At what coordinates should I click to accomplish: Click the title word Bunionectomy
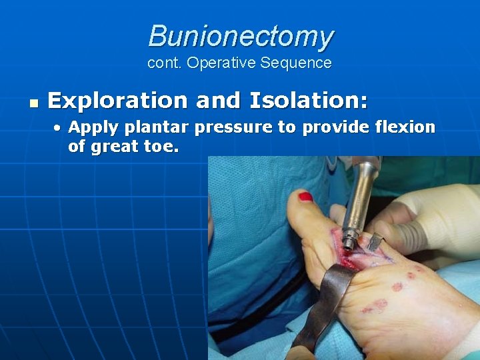pos(241,36)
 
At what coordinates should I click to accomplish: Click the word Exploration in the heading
pos(118,101)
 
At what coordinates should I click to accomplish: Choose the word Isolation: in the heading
pos(308,101)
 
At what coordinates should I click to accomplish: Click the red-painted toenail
pos(306,197)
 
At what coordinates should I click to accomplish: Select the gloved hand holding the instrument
pos(427,213)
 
